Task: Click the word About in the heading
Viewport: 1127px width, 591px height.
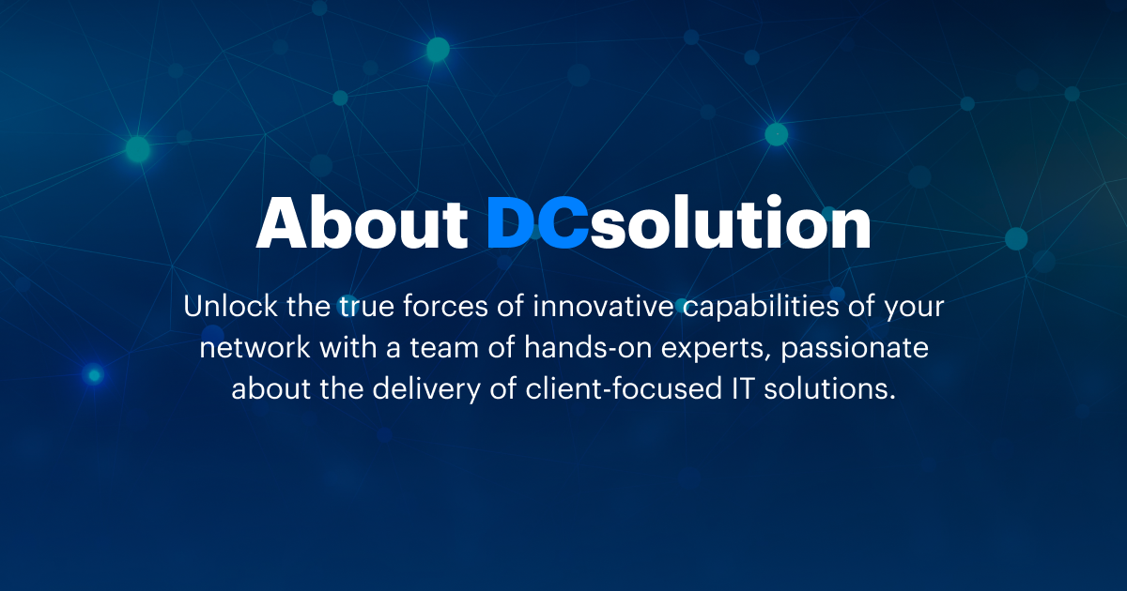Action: [362, 224]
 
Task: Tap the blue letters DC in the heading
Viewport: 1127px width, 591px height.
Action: [537, 224]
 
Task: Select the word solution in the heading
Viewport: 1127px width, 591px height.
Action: [730, 224]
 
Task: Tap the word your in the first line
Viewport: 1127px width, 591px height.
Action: [911, 307]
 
